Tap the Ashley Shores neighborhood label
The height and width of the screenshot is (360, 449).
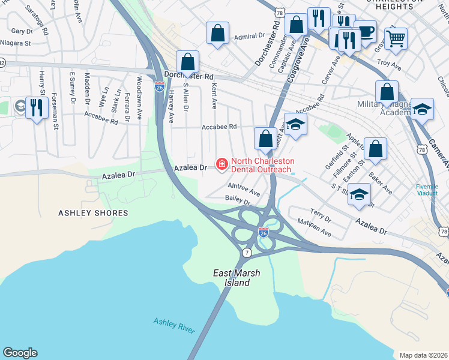(93, 213)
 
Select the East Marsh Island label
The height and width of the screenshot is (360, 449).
(237, 278)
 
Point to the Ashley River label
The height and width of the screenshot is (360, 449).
(173, 325)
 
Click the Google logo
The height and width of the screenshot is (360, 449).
(20, 353)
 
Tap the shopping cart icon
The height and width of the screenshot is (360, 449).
(396, 39)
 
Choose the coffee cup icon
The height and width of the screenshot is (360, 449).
(364, 31)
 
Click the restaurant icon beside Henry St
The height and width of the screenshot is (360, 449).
(37, 107)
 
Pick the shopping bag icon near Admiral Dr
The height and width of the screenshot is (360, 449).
(217, 32)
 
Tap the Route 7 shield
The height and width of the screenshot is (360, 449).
(247, 253)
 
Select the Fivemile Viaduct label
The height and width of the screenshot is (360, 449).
(430, 190)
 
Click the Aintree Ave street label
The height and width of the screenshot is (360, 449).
(244, 189)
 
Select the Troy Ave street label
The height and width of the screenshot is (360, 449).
(388, 63)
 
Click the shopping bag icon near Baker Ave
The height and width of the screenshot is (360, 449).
(375, 149)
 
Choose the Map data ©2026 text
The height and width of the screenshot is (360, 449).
(424, 355)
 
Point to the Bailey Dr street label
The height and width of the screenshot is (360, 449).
(237, 200)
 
